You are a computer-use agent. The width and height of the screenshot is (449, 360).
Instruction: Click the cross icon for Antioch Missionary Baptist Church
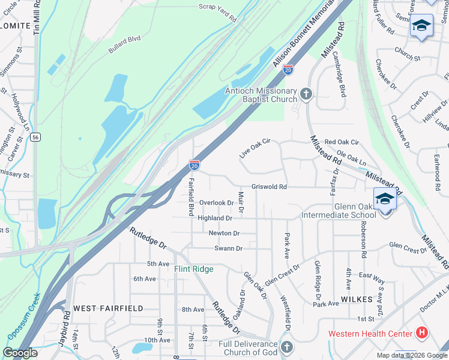[306, 94]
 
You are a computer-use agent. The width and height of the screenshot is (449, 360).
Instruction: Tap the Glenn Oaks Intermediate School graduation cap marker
[385, 199]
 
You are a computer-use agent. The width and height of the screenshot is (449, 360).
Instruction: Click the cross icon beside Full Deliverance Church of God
[287, 346]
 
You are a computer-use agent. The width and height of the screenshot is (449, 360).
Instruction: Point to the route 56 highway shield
[36, 137]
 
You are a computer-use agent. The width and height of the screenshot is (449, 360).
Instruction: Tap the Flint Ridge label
[194, 269]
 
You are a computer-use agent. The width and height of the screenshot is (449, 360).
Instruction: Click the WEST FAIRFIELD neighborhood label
[108, 308]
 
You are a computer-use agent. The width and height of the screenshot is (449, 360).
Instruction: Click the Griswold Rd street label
[269, 187]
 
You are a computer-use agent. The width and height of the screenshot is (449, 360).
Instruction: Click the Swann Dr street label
[228, 248]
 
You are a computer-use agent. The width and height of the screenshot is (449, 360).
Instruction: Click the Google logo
[20, 353]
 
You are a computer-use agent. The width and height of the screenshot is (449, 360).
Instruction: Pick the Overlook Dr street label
[216, 203]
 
